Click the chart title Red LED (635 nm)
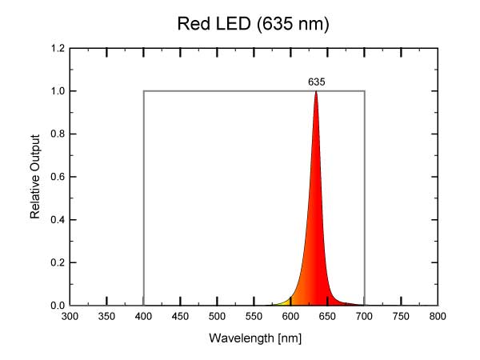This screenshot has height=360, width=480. click(253, 25)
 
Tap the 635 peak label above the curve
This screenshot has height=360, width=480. click(316, 82)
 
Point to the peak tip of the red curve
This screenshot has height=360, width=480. click(316, 91)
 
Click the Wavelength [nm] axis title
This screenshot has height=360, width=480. click(254, 338)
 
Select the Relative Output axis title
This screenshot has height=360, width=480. click(35, 177)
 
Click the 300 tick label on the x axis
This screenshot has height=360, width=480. click(70, 317)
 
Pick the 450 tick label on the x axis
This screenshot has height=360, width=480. click(181, 317)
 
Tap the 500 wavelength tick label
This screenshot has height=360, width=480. click(218, 317)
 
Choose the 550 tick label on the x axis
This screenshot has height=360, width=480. click(254, 317)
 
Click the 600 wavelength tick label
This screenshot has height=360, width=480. click(291, 317)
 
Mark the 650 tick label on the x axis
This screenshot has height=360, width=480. click(328, 317)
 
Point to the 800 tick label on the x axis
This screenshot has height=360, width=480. click(438, 317)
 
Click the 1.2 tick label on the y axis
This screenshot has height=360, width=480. click(58, 48)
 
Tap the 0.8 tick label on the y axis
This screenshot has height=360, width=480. click(58, 134)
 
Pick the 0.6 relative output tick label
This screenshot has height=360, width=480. click(58, 177)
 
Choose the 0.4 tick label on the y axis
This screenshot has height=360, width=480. click(58, 220)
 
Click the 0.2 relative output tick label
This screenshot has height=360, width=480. click(58, 262)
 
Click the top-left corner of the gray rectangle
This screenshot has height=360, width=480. click(144, 91)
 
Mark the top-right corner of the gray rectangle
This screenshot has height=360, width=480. click(365, 91)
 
